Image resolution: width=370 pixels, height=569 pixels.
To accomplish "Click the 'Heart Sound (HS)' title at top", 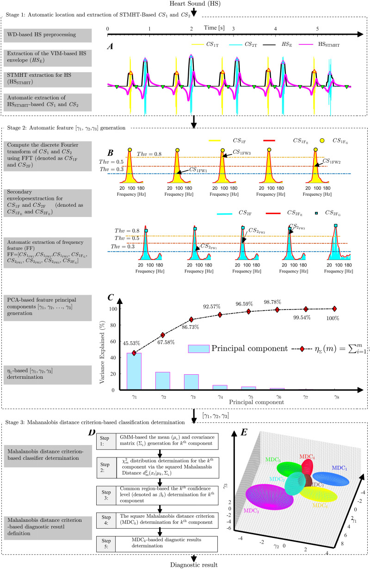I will [185, 4].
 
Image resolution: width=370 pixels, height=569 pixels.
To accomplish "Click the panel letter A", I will [110, 45].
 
